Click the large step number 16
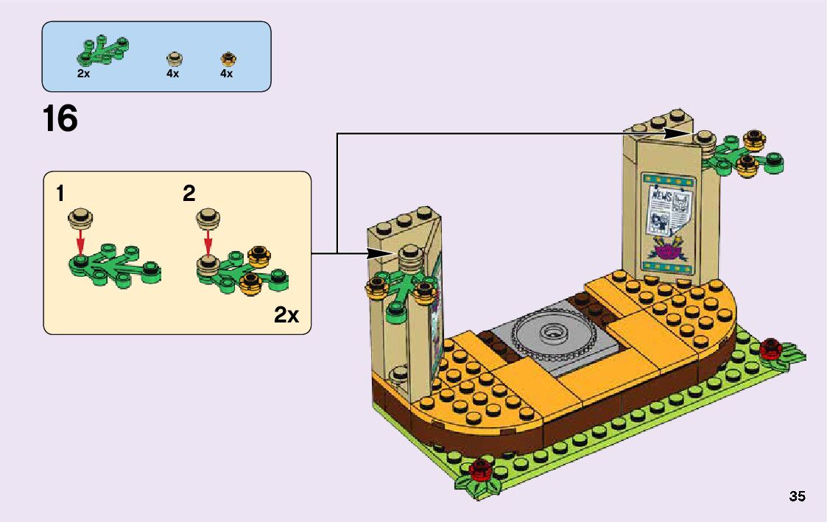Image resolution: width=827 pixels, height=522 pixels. [x=60, y=119]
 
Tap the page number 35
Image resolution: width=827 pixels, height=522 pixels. [x=797, y=496]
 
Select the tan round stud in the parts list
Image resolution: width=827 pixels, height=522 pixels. [x=175, y=58]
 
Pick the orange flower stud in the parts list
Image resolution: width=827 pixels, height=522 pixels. [x=228, y=58]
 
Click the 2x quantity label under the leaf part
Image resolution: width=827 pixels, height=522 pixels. [x=83, y=74]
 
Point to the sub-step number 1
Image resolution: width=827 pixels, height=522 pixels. [x=60, y=194]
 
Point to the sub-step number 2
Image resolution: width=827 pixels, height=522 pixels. [x=189, y=194]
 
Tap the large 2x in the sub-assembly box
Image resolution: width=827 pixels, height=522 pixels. [x=286, y=316]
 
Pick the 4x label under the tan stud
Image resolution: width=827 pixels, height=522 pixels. [x=173, y=74]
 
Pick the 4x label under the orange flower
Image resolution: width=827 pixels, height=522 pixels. [x=226, y=74]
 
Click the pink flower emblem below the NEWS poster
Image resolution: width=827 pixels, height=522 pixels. [x=669, y=251]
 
